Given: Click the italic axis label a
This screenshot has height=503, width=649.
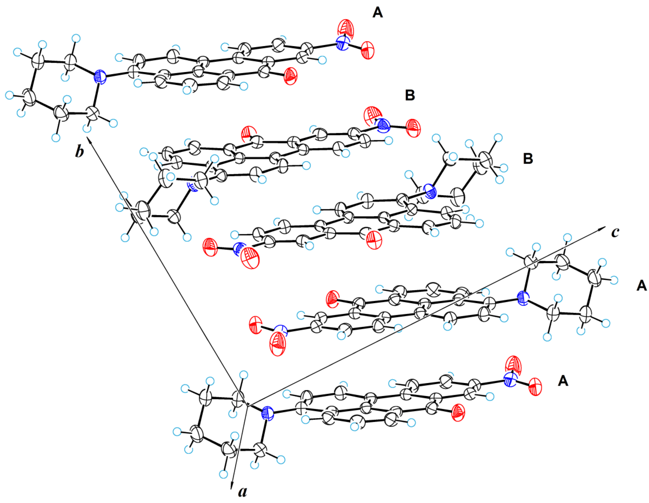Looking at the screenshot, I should (x=242, y=492).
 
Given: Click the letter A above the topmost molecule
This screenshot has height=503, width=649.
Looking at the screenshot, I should (x=377, y=13).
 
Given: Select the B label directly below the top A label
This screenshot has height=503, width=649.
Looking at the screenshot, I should (x=410, y=96).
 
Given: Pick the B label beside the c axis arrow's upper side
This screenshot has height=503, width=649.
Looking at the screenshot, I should (x=528, y=159).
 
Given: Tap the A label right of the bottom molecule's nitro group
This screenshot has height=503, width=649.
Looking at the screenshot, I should (x=563, y=381).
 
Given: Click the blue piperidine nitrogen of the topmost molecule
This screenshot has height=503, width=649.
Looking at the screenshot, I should (x=100, y=77).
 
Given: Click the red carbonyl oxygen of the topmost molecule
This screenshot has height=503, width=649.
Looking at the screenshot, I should (x=291, y=76).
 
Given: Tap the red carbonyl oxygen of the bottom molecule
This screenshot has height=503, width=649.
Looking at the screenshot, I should (x=458, y=413).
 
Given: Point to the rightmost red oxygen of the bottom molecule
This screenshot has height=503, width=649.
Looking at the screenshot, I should (x=535, y=387).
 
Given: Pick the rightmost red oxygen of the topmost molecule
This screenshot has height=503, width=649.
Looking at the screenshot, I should (x=368, y=51).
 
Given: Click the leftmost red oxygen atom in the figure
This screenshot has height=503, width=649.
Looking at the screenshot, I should (x=210, y=247).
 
